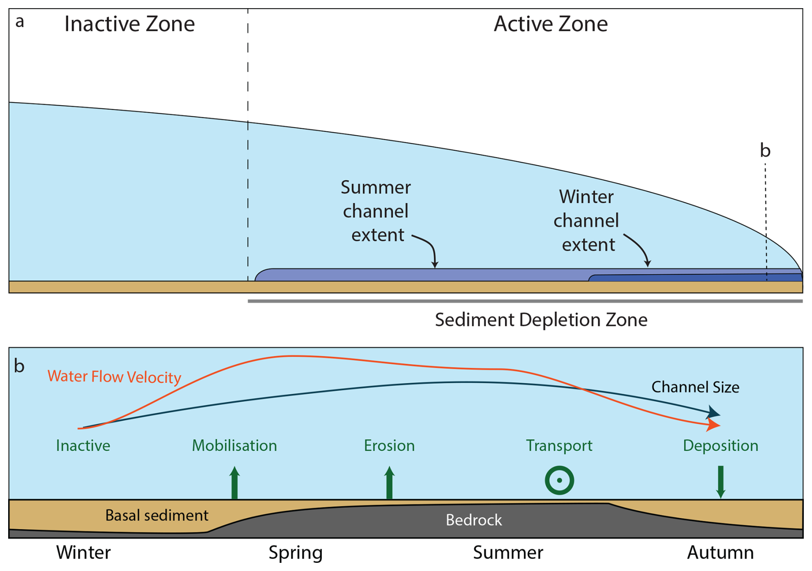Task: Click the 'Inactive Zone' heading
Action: pos(130,24)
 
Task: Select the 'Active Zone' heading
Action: pos(551,24)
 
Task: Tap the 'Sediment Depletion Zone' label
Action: pos(541,320)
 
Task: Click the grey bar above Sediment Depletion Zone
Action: pos(525,301)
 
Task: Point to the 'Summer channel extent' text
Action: pos(376,211)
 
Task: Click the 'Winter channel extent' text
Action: pos(586,221)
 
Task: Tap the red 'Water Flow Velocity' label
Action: pos(114,377)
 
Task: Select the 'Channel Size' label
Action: pos(695,387)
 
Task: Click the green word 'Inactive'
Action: pos(83,446)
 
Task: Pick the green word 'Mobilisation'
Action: pos(234,446)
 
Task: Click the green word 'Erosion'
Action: pos(389,446)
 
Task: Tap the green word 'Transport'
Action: pos(559,446)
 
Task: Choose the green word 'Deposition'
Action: pos(721,446)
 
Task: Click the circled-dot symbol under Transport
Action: pos(560,480)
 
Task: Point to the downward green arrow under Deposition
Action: pos(721,482)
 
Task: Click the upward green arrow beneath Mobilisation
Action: pos(234,483)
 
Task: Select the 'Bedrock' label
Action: pos(474,520)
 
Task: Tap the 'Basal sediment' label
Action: pos(157,515)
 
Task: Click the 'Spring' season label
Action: pos(295,553)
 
